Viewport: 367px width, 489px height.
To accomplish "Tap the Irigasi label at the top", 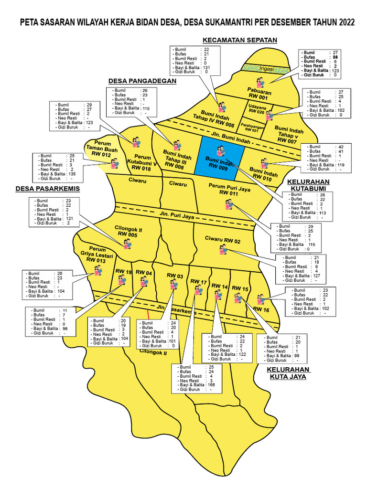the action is [266, 69].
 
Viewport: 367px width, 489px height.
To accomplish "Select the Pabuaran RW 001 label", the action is [259, 93].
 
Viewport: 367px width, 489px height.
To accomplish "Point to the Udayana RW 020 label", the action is [257, 109].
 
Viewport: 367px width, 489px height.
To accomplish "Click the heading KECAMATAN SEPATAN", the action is [240, 40].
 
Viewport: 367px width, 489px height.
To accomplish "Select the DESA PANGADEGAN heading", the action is [142, 81].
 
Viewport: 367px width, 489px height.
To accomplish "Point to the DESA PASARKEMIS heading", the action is [47, 189].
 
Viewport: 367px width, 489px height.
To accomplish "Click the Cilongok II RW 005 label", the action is [128, 232].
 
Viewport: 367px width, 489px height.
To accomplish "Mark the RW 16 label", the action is [261, 309].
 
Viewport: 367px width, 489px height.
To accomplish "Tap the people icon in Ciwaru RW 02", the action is [223, 249].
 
